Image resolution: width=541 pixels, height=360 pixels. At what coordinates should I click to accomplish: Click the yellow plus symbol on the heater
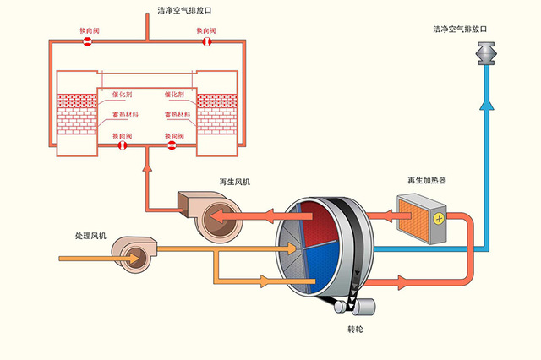pyautogui.click(x=439, y=218)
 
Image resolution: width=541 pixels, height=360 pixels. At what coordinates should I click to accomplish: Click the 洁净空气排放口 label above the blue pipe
pyautogui.click(x=461, y=29)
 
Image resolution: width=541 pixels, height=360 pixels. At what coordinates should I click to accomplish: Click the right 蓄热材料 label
pyautogui.click(x=179, y=114)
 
